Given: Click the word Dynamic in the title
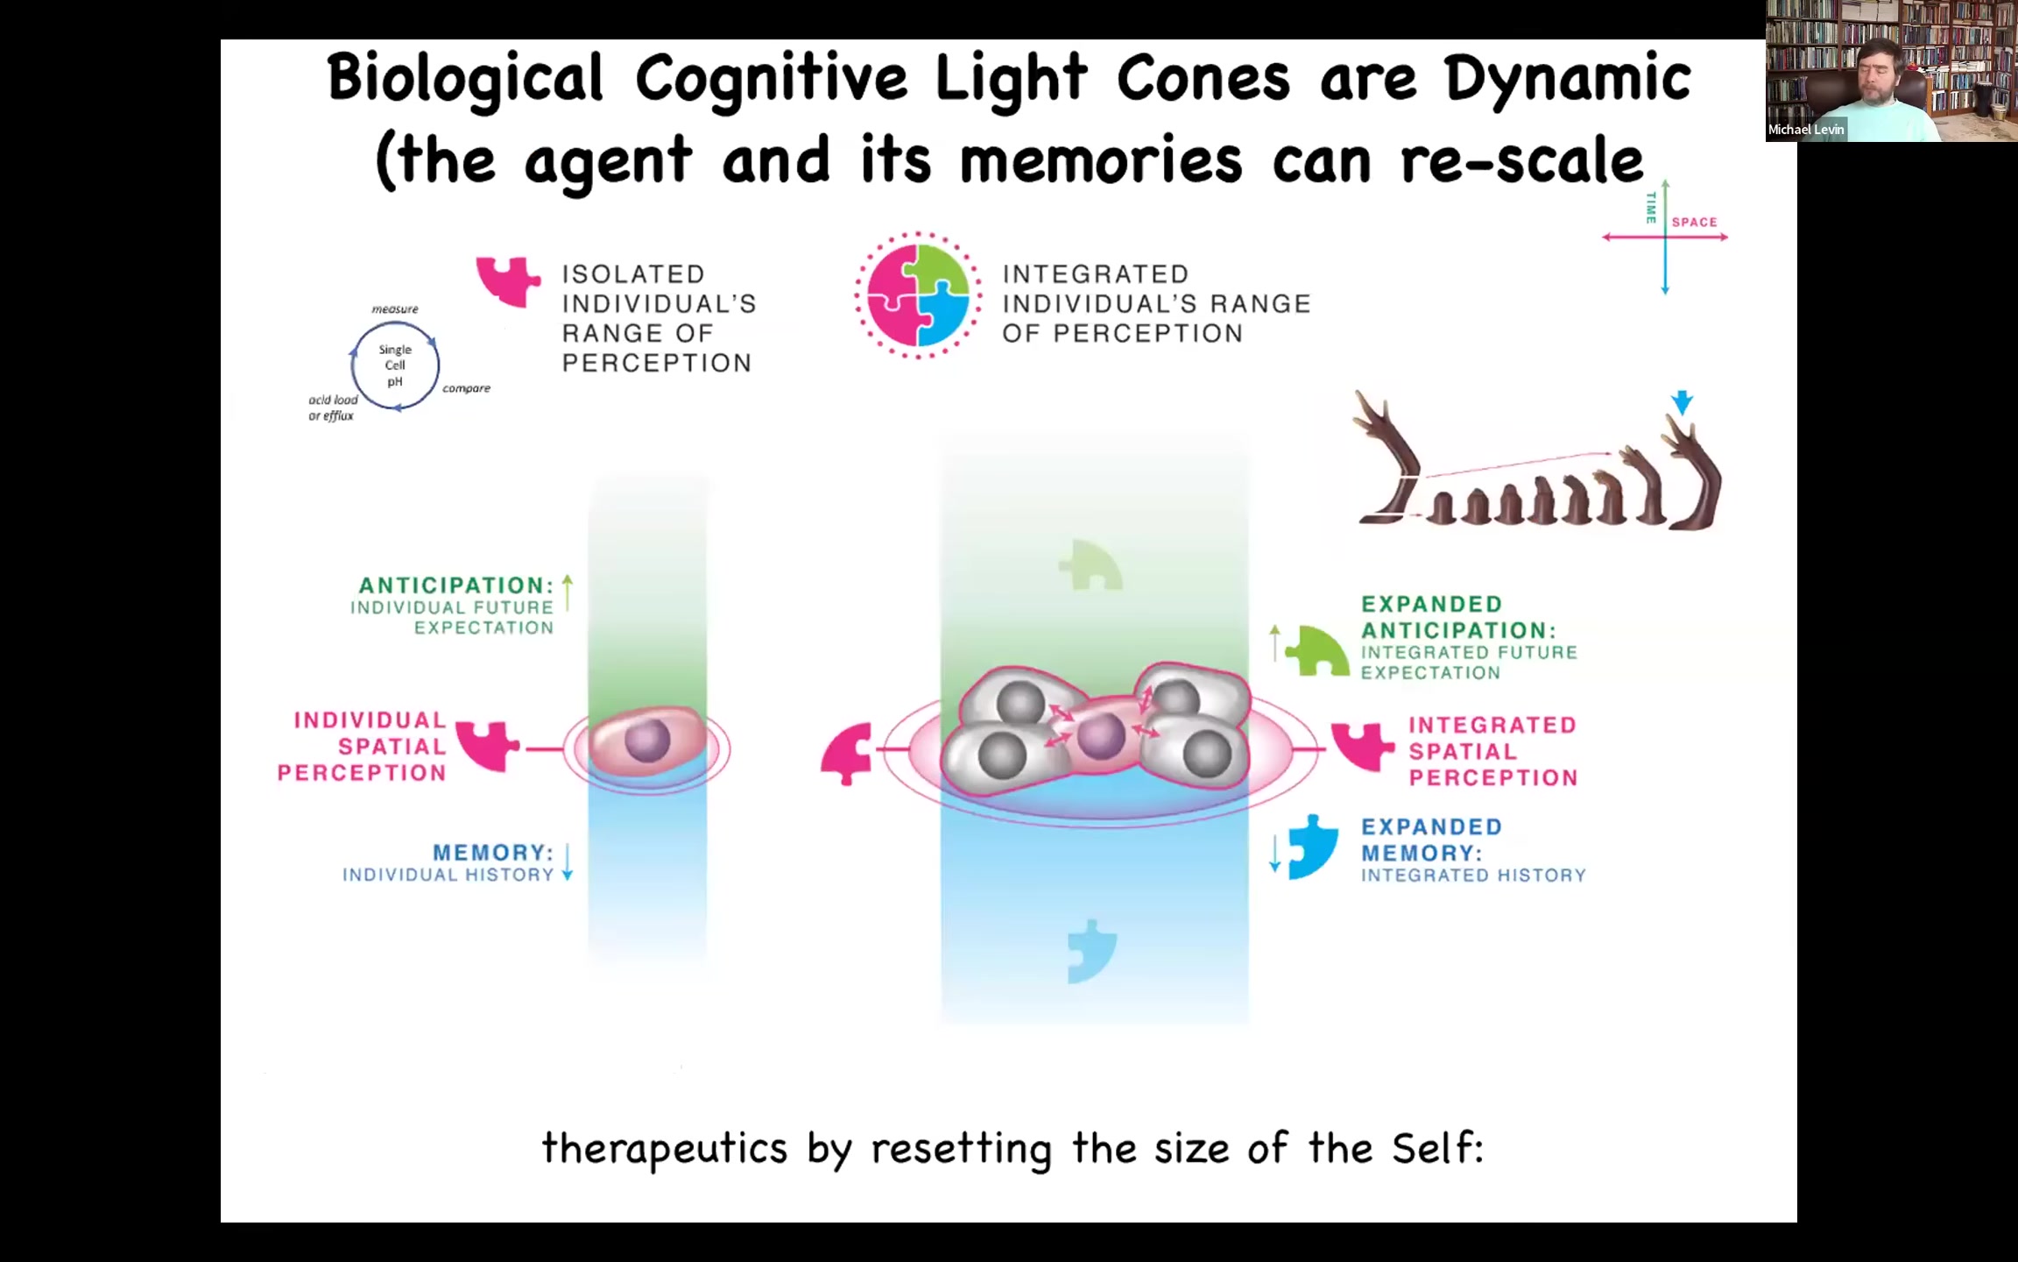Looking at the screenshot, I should click(1567, 79).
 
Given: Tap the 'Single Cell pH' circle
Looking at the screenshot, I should click(395, 365).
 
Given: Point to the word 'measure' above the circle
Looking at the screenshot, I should click(395, 309).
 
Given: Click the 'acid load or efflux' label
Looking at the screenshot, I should click(333, 408).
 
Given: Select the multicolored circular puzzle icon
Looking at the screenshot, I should click(918, 295).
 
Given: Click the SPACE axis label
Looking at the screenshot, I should click(1694, 222).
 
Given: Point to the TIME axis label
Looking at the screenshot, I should click(1651, 208).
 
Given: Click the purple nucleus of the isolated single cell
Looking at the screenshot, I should click(647, 741).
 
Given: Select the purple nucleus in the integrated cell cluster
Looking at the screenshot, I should click(1101, 736).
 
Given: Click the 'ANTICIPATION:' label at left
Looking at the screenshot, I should click(455, 585).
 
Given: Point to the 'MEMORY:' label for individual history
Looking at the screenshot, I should click(493, 853).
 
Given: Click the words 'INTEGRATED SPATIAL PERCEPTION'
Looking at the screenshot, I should click(1492, 751).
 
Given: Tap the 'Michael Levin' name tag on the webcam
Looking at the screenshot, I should click(1806, 130).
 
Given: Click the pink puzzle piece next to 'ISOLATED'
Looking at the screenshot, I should click(508, 280).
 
